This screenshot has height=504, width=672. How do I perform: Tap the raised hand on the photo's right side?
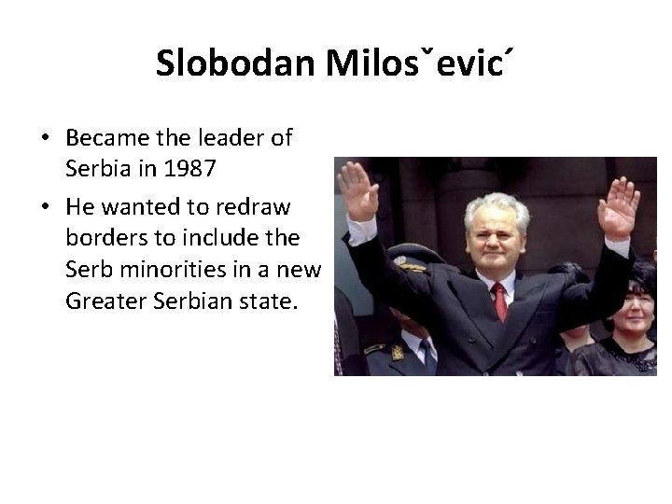[x=619, y=205]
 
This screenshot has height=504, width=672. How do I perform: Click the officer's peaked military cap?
[x=410, y=255]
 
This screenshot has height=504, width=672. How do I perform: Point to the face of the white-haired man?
[x=495, y=235]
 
